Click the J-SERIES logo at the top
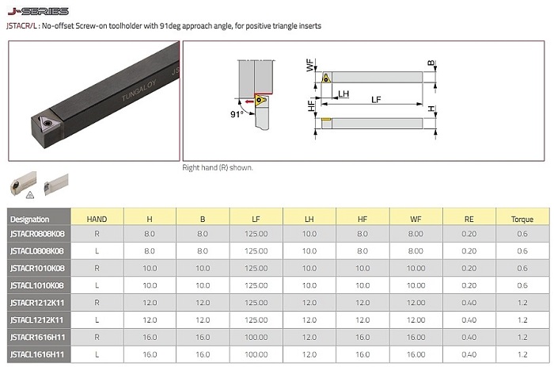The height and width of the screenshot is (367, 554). pos(38,11)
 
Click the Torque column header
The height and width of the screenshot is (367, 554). pos(522,220)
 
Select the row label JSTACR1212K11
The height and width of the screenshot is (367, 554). pos(37,303)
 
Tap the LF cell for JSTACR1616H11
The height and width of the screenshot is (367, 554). pos(256,337)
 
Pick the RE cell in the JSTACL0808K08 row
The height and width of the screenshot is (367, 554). pos(469,251)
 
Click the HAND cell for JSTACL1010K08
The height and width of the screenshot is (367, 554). pos(97,285)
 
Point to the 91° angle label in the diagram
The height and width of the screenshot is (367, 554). pos(237,114)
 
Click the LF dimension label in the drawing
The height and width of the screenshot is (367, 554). pos(376,99)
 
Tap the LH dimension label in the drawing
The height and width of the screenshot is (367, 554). pos(343,94)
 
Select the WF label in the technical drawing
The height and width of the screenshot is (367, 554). pos(310,66)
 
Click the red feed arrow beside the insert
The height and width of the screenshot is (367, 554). pos(249,102)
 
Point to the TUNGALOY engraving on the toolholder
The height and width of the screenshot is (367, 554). pos(138,90)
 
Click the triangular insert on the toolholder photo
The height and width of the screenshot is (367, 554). pos(47,123)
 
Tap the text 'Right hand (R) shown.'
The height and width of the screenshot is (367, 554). pos(218,168)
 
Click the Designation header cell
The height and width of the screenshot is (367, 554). pos(30,220)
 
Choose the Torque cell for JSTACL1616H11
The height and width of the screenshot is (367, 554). pos(522,354)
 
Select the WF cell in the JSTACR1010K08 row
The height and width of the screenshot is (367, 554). pos(415,268)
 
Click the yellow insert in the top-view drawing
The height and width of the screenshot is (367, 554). pos(326,78)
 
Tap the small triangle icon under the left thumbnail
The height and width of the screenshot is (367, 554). pos(30,195)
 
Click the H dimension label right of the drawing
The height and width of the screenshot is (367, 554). pos(431,109)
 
